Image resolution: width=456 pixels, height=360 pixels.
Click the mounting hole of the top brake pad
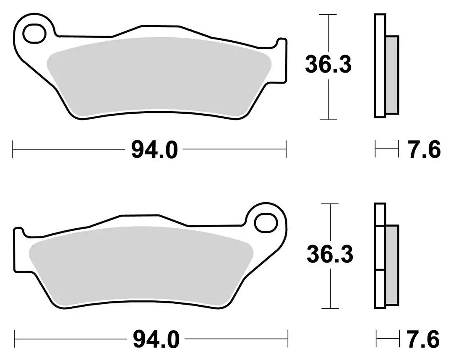35,34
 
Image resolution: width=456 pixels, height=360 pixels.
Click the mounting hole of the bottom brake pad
266,223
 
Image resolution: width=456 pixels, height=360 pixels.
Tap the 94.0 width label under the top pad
154,149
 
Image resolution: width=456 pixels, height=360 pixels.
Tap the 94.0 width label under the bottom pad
156,339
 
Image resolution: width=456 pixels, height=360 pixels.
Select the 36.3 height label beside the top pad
328,65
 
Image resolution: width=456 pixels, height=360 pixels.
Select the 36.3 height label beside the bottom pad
330,254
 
